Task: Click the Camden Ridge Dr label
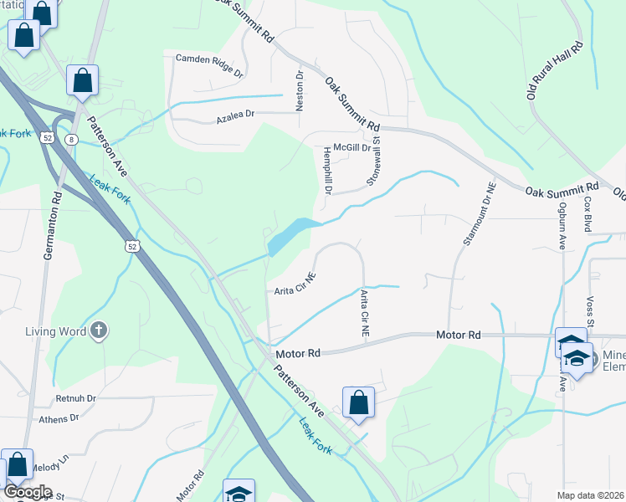point(209,65)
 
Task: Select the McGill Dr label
point(351,146)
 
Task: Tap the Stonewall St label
point(376,161)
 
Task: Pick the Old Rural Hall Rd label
point(554,72)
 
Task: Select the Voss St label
point(590,311)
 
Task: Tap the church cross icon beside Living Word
point(99,330)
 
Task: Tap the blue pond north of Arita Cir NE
point(290,234)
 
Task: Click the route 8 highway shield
point(73,140)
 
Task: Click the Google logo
point(28,492)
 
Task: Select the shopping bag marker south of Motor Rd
point(358,402)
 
